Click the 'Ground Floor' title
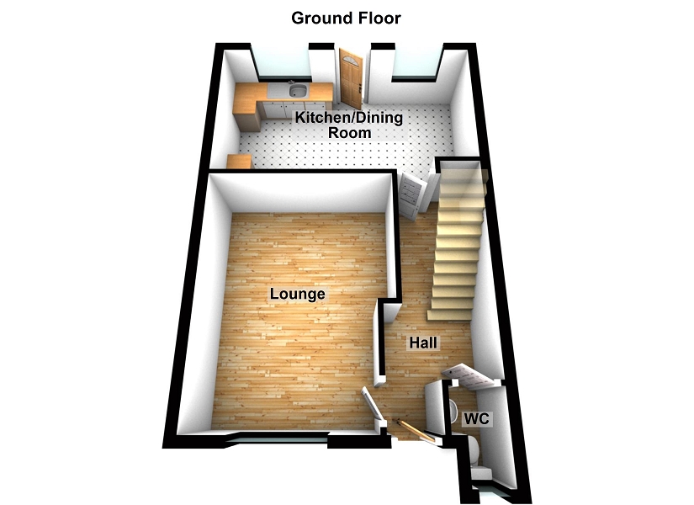pos(346,18)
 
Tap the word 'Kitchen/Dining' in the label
pos(348,119)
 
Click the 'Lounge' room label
pos(297,295)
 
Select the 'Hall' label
pos(422,343)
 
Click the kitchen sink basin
pos(296,91)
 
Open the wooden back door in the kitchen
pos(349,76)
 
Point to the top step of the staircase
pos(462,172)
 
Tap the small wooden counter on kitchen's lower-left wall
pos(240,162)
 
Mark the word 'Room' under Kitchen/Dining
pos(348,133)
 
